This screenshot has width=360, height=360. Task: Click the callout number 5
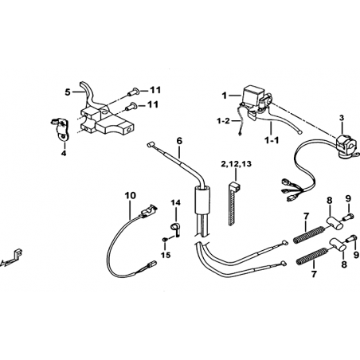(x=68, y=92)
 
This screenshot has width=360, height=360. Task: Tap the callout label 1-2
(x=223, y=121)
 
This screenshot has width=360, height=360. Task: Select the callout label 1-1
(x=272, y=140)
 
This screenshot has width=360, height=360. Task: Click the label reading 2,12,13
(x=236, y=164)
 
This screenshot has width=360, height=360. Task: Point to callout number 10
(x=131, y=196)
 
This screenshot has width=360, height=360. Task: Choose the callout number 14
(x=175, y=203)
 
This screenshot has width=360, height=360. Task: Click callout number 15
(x=166, y=255)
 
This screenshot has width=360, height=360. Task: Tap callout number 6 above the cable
(x=179, y=141)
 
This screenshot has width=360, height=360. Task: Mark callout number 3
(x=342, y=118)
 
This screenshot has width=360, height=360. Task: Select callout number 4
(x=64, y=153)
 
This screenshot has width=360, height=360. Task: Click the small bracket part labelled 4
(x=61, y=128)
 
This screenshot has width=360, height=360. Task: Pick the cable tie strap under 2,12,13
(x=232, y=203)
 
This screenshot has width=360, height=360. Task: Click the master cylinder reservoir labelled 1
(x=253, y=94)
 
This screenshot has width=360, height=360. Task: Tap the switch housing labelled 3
(x=344, y=146)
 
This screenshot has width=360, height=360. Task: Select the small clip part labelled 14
(x=175, y=229)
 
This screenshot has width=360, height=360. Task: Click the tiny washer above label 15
(x=165, y=240)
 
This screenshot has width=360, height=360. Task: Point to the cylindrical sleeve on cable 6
(x=202, y=200)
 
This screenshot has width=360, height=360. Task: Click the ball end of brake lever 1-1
(x=299, y=133)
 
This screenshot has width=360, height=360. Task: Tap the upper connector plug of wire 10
(x=148, y=211)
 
